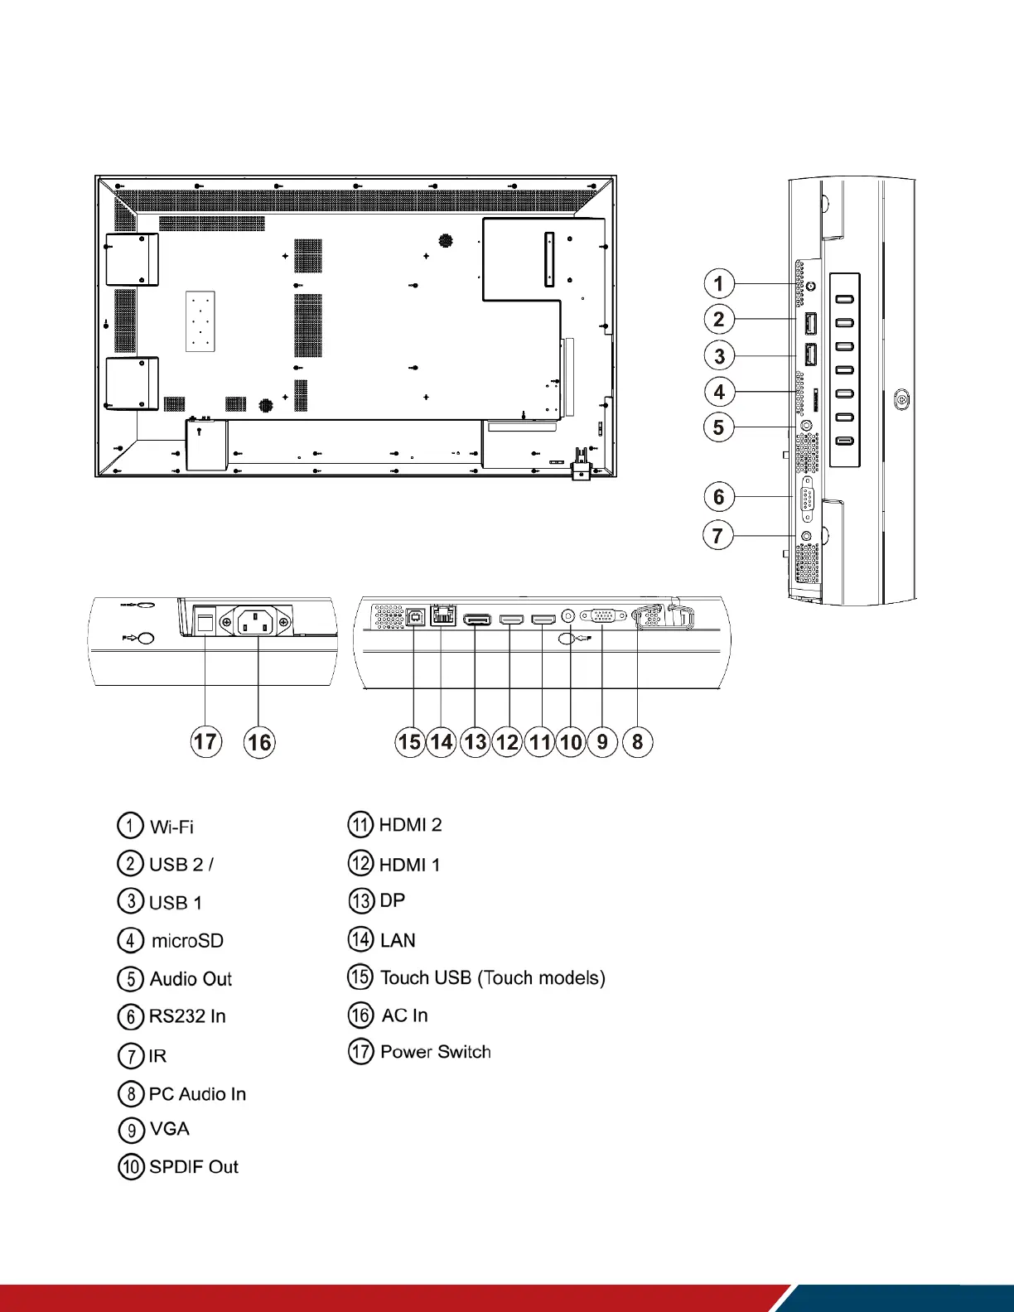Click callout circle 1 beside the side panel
(x=718, y=283)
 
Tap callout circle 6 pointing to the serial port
(x=718, y=496)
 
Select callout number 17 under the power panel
(x=205, y=740)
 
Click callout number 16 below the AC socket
(x=259, y=741)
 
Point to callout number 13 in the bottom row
(x=475, y=741)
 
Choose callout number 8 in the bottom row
(x=637, y=741)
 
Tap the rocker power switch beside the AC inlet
(x=205, y=620)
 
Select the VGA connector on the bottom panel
(x=603, y=616)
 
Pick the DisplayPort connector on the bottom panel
(x=476, y=619)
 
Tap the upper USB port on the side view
(x=810, y=320)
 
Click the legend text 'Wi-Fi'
(x=171, y=827)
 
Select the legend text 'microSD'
(x=187, y=941)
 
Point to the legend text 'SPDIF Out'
(x=194, y=1167)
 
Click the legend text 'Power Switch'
(x=435, y=1052)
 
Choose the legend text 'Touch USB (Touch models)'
(x=492, y=978)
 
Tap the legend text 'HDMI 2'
(x=410, y=825)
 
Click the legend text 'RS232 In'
(x=187, y=1016)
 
